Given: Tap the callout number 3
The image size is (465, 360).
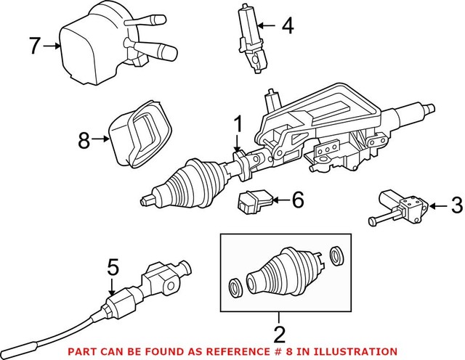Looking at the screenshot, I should tap(456, 205).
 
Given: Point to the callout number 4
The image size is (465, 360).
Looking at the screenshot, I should tap(288, 27).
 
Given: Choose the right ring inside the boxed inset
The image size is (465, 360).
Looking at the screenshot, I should tap(335, 255).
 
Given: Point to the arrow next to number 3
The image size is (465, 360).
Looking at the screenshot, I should tap(437, 205).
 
